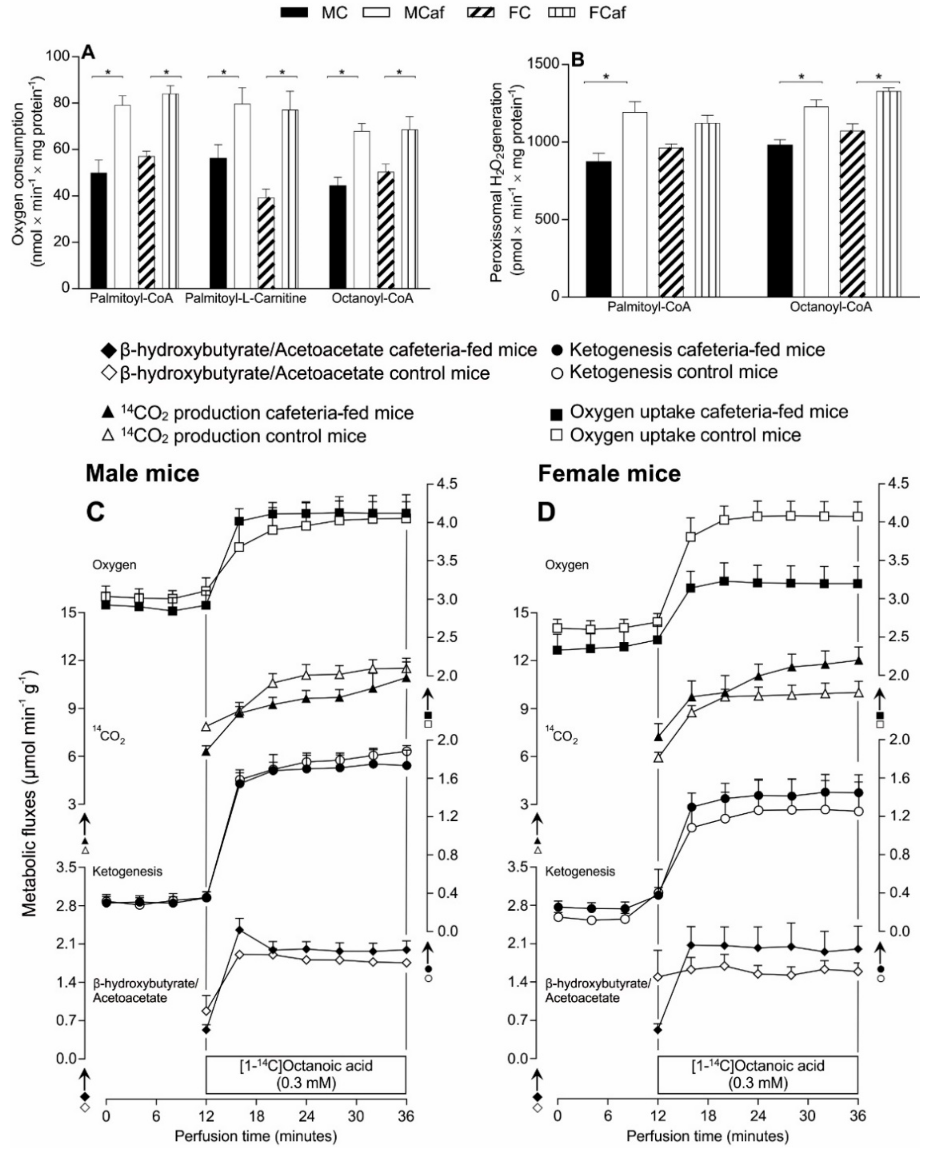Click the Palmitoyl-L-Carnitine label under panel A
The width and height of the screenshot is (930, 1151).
pyautogui.click(x=245, y=298)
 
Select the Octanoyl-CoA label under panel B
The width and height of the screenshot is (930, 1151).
pyautogui.click(x=830, y=307)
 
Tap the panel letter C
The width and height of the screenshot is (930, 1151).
pyautogui.click(x=95, y=512)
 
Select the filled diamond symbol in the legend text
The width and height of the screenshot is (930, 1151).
pyautogui.click(x=108, y=351)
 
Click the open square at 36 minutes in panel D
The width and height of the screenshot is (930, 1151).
pyautogui.click(x=858, y=517)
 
